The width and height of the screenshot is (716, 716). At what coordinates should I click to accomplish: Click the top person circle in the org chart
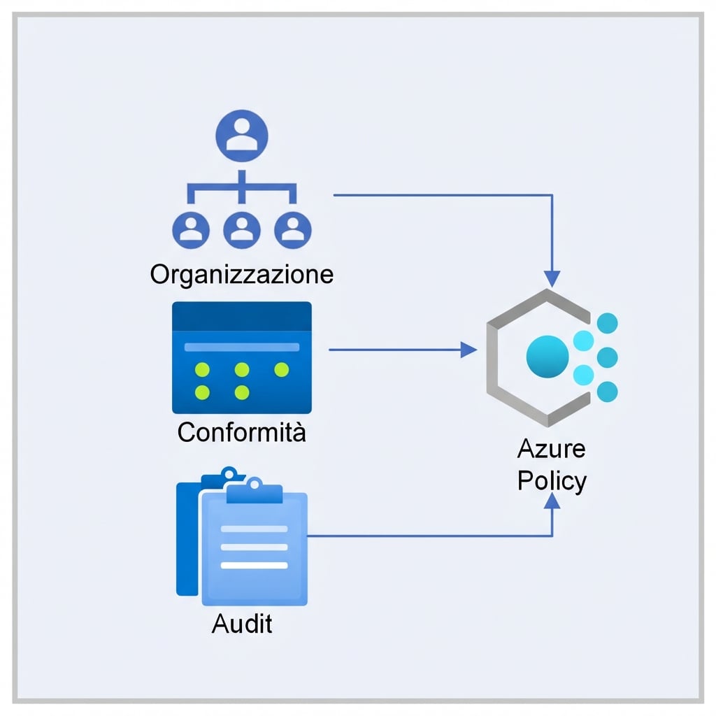click(x=242, y=136)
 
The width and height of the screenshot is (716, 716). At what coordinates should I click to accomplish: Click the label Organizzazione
click(x=242, y=274)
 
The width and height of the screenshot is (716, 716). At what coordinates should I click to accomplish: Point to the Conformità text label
click(x=242, y=432)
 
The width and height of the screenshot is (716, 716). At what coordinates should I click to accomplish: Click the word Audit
click(x=242, y=623)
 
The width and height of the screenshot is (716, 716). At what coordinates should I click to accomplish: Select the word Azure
click(x=552, y=449)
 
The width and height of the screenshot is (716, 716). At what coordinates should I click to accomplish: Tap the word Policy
click(x=552, y=481)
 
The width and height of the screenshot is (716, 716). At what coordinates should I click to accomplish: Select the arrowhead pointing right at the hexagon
click(x=468, y=350)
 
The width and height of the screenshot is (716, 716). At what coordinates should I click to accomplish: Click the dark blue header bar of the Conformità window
click(x=242, y=316)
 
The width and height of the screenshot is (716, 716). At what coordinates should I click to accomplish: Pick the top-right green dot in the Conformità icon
click(x=282, y=369)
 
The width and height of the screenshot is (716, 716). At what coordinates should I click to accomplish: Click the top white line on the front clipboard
click(x=254, y=529)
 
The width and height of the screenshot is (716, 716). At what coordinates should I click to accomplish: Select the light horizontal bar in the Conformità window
click(x=242, y=347)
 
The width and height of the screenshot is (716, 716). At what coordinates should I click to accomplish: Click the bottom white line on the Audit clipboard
click(x=254, y=565)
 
